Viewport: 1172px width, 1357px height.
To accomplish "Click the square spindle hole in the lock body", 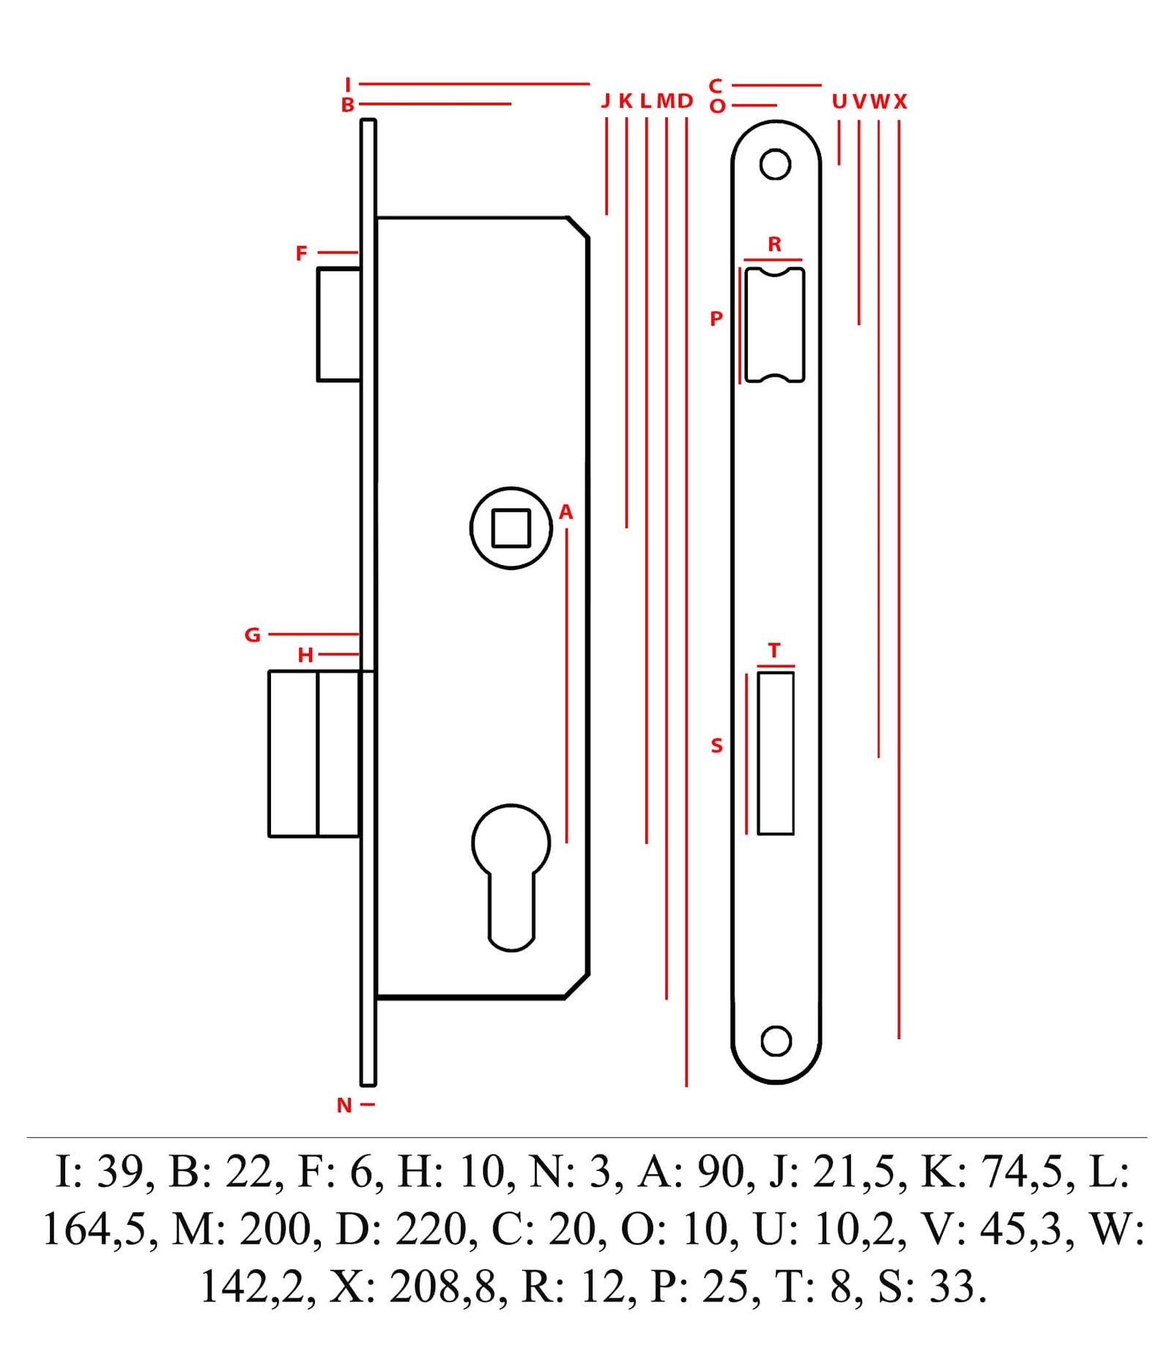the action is point(511,528).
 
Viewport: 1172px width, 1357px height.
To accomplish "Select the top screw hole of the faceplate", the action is point(775,164).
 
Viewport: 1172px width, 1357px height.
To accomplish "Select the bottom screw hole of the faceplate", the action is point(776,1040).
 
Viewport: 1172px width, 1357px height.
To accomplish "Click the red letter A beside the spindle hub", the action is point(565,512).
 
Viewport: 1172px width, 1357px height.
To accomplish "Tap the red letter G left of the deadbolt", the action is point(253,635).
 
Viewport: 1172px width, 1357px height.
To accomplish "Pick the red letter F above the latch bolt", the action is point(301,253).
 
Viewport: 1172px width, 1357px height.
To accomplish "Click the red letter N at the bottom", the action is point(344,1105).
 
